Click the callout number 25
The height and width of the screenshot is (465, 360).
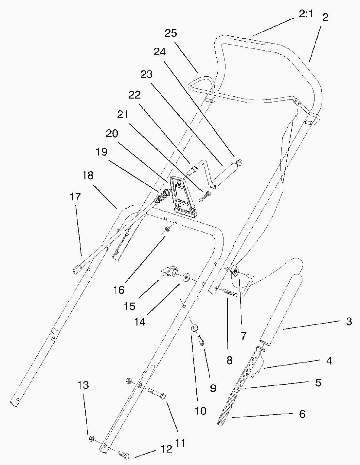tap(171, 33)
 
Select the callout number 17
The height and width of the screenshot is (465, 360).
tap(75, 197)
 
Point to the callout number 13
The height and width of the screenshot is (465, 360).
tap(83, 385)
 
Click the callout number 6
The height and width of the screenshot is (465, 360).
tap(302, 414)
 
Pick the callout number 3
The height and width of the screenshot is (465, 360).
tap(349, 322)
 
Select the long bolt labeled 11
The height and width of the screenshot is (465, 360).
tap(156, 393)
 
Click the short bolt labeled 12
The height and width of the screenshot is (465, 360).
tap(123, 455)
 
